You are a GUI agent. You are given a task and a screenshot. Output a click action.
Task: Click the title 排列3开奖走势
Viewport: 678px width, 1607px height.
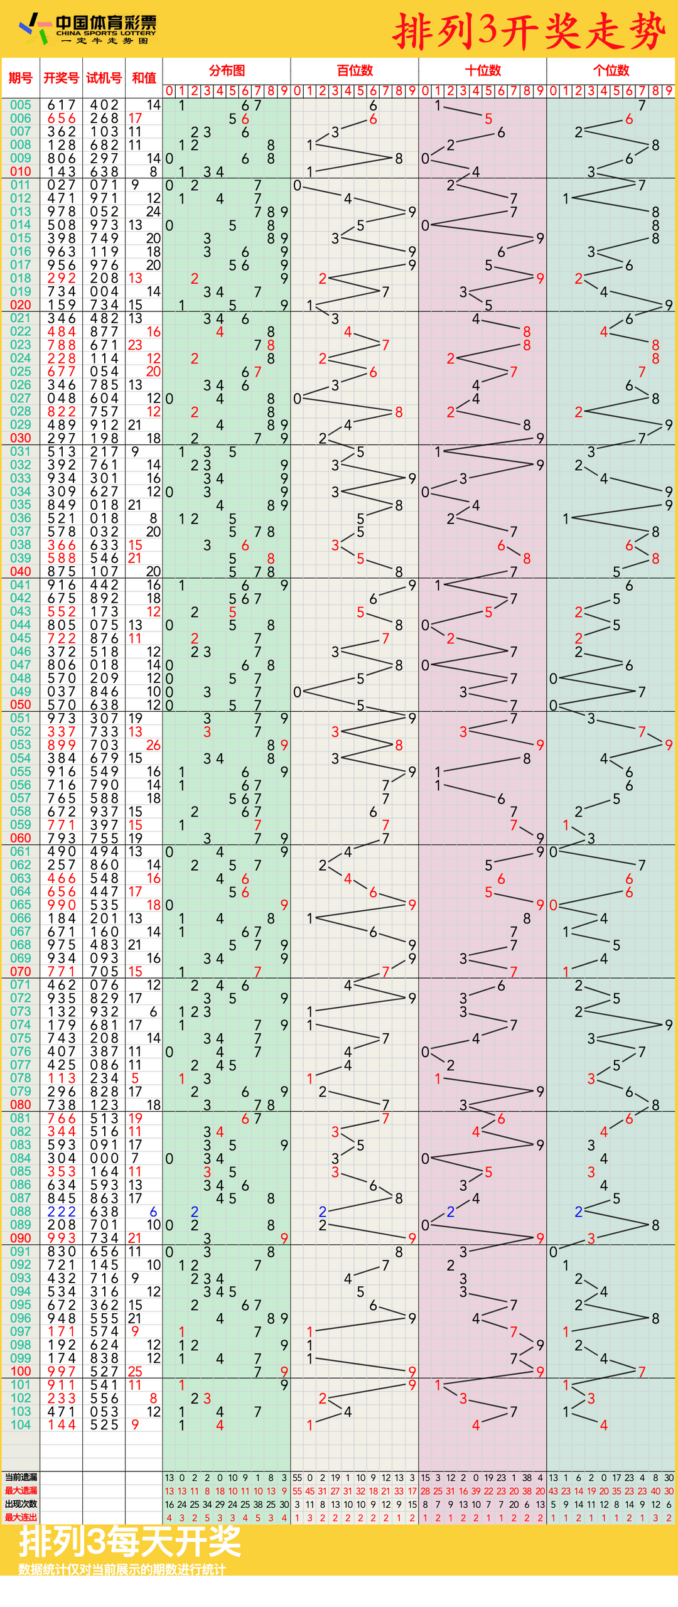pyautogui.click(x=529, y=31)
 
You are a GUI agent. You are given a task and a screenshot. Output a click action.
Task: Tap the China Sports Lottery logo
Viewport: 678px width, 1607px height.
pyautogui.click(x=88, y=29)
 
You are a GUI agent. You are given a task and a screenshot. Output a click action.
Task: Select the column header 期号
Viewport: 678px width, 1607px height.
pyautogui.click(x=21, y=78)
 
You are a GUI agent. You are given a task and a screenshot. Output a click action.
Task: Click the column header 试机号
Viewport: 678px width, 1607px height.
pyautogui.click(x=104, y=78)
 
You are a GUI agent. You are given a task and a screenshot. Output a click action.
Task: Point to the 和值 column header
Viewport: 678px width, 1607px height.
pyautogui.click(x=144, y=78)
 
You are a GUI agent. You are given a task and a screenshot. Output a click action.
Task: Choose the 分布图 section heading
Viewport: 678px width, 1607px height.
pyautogui.click(x=227, y=70)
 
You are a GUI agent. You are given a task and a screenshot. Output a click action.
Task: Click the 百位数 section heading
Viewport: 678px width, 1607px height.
pyautogui.click(x=355, y=70)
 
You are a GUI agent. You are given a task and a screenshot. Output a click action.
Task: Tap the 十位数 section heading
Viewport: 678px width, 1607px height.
pyautogui.click(x=483, y=70)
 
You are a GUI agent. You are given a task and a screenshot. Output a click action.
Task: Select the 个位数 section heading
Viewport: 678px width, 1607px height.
pyautogui.click(x=611, y=70)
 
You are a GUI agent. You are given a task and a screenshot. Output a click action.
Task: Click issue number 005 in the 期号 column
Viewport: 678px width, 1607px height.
pyautogui.click(x=21, y=105)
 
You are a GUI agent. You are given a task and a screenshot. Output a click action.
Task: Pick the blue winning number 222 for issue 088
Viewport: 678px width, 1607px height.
pyautogui.click(x=62, y=1212)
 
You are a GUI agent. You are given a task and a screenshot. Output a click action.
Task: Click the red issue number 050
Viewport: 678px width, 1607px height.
pyautogui.click(x=21, y=704)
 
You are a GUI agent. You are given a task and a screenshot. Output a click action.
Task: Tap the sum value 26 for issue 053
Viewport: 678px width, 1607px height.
pyautogui.click(x=153, y=745)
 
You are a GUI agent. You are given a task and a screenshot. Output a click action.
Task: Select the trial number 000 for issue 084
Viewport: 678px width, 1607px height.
pyautogui.click(x=104, y=1158)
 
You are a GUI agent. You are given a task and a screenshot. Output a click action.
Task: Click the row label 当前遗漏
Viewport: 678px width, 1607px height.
pyautogui.click(x=21, y=1478)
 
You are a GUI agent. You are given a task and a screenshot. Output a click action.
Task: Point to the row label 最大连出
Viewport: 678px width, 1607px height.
pyautogui.click(x=21, y=1517)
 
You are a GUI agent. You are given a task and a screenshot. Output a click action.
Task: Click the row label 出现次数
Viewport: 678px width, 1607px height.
pyautogui.click(x=21, y=1504)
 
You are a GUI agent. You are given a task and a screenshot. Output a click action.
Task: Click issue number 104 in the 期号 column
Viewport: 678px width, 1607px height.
pyautogui.click(x=21, y=1425)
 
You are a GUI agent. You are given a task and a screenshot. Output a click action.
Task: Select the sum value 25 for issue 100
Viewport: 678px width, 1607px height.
pyautogui.click(x=135, y=1372)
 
